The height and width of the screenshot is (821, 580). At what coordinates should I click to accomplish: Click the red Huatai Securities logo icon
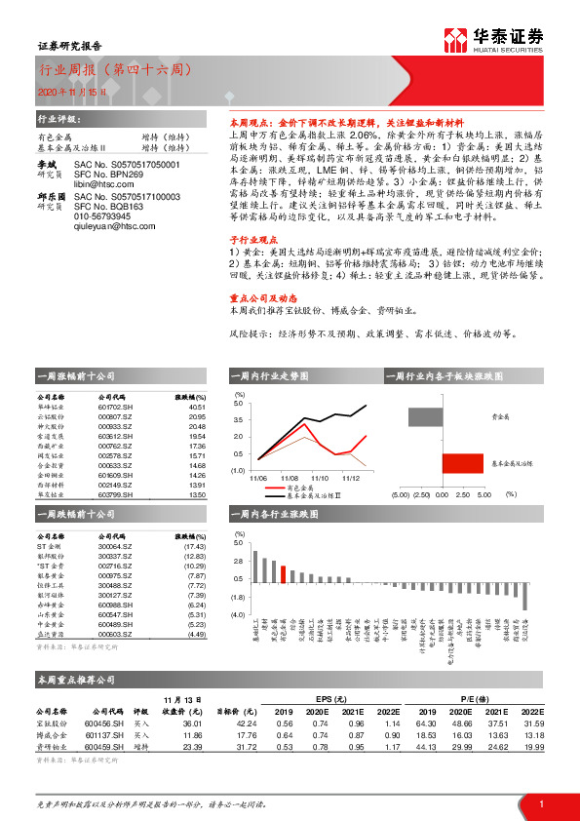454,39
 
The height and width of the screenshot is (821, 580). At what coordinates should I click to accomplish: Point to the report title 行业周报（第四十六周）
115,70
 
